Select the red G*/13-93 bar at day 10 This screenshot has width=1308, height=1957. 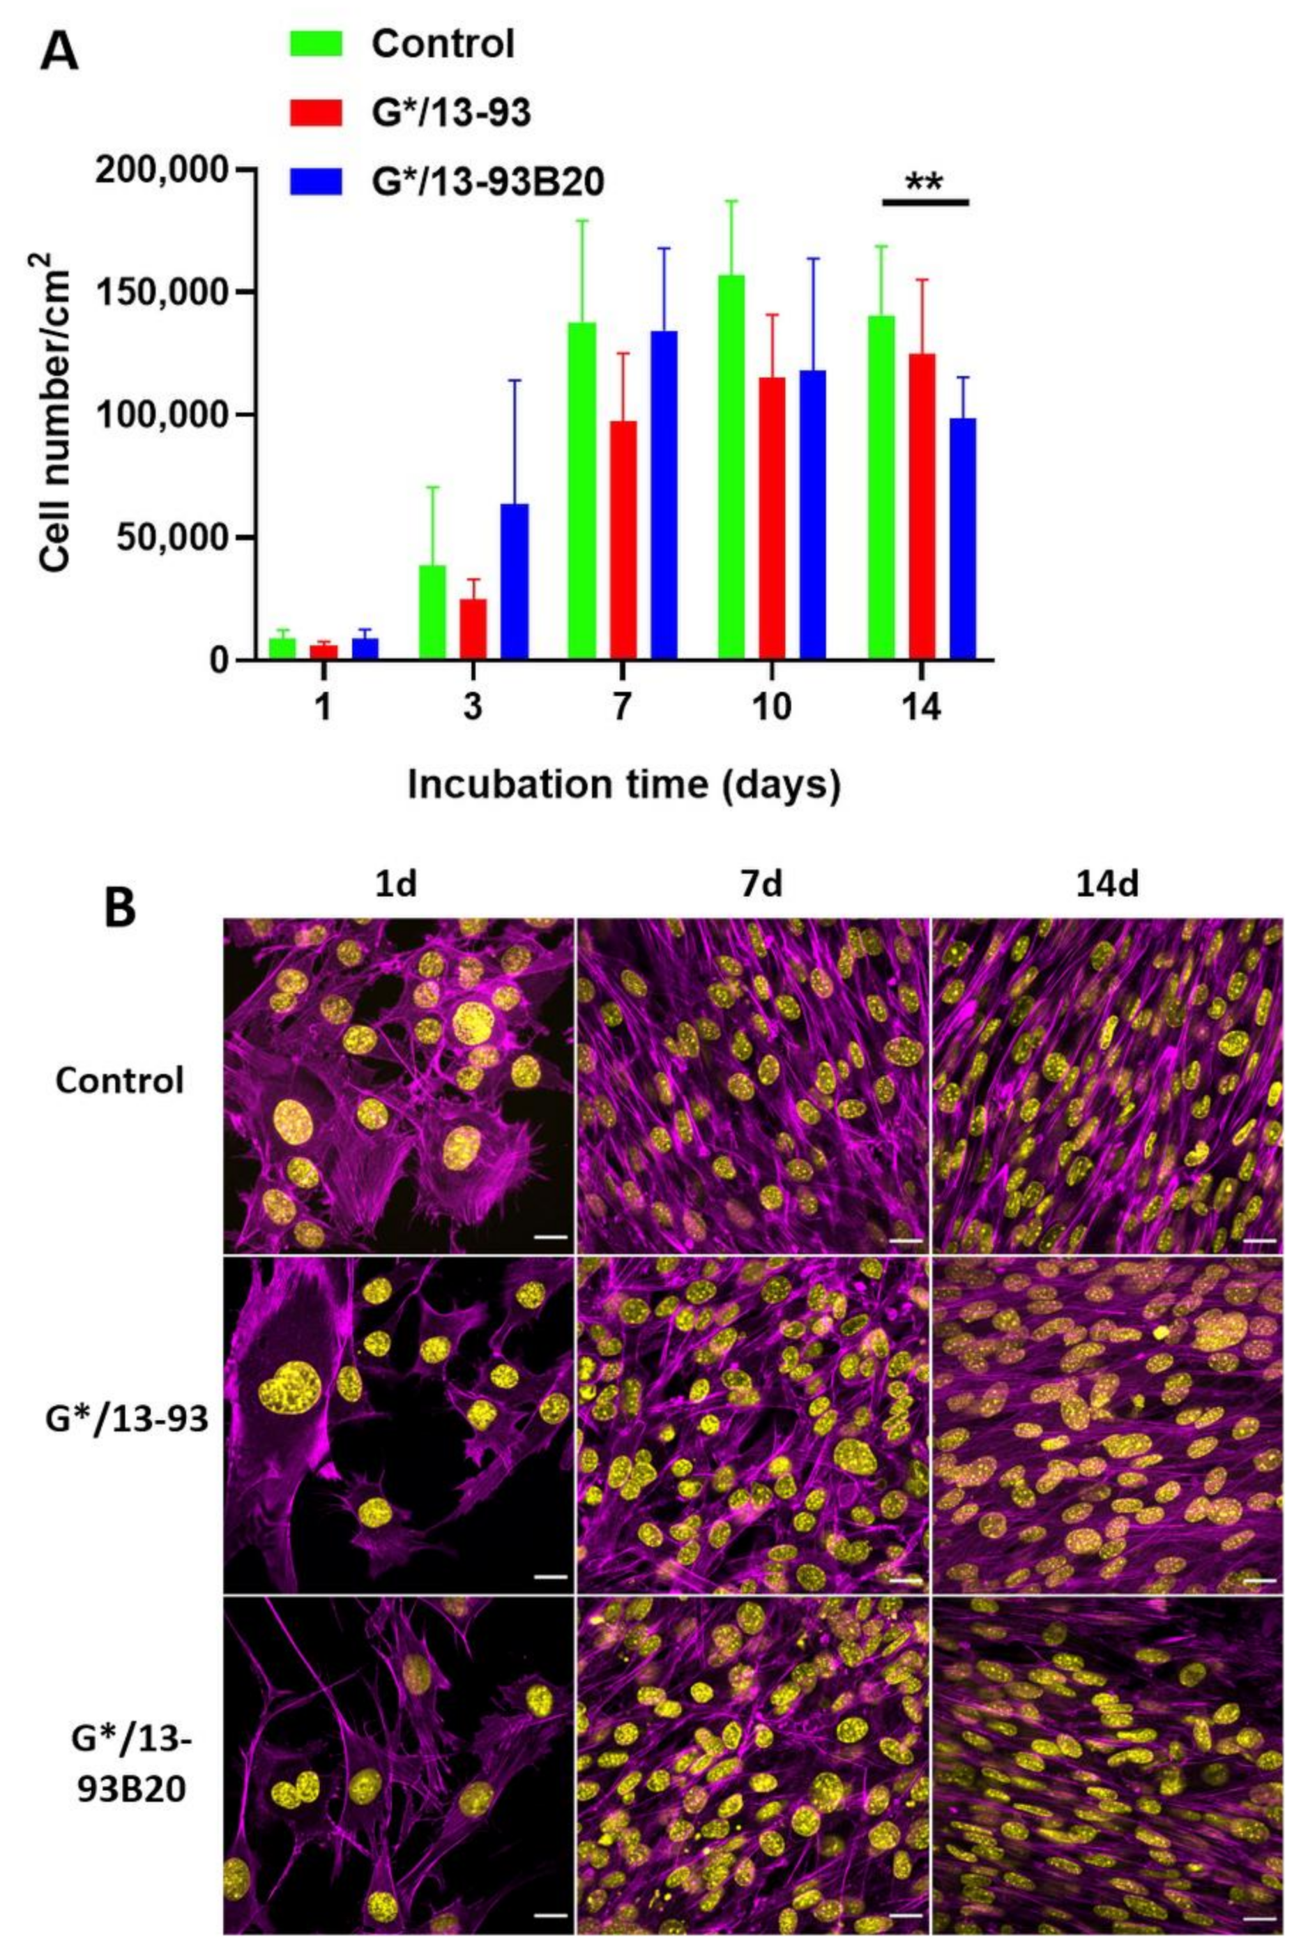pos(773,518)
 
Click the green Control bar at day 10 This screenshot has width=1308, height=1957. pos(731,467)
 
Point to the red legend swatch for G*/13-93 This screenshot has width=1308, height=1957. pos(315,112)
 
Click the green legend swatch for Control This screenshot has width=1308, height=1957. pos(315,43)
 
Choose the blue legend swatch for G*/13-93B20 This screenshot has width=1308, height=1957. pos(315,181)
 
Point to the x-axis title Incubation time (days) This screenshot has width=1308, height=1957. pos(623,786)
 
